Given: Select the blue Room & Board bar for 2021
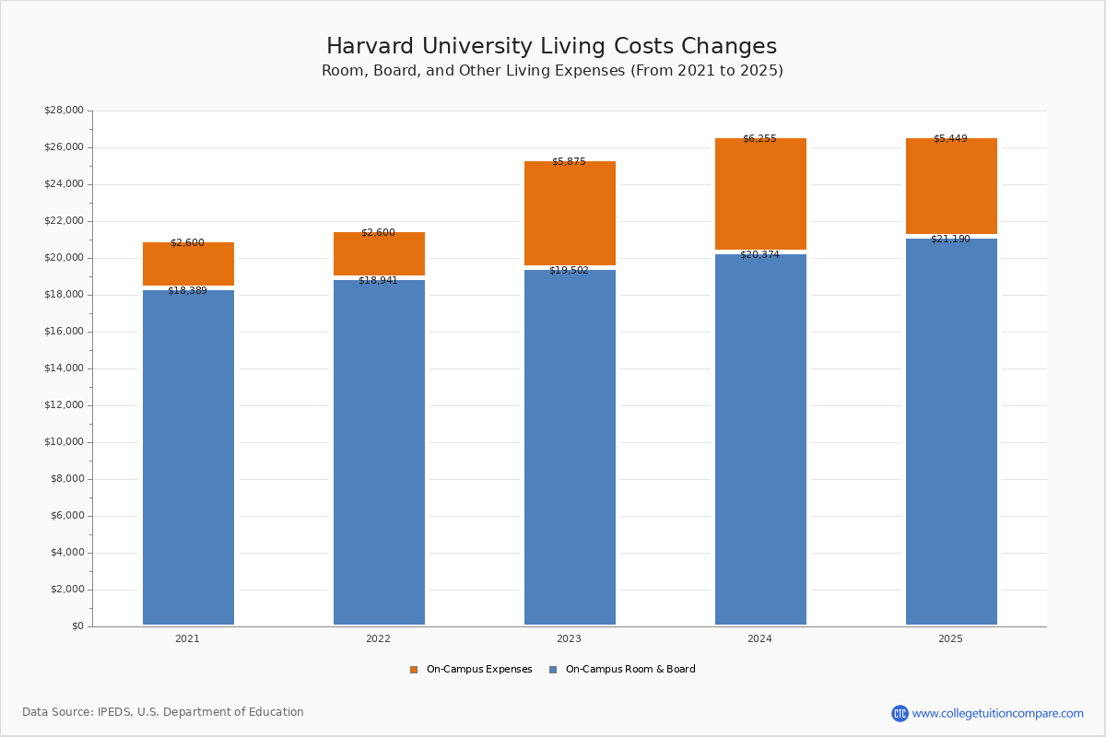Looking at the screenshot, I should tap(188, 461).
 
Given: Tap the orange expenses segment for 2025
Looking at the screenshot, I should tap(951, 189).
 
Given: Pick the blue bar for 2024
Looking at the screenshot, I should tap(760, 442).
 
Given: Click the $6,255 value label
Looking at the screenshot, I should tap(759, 139).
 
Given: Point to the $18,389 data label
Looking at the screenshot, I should tap(187, 291).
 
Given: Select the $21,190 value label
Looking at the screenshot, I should tap(950, 240).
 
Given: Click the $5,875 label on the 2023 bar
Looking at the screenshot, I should tap(569, 162).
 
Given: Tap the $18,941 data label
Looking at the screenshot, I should tap(378, 281).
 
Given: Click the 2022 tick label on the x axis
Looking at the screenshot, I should tap(378, 639).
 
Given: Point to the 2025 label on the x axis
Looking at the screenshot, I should tap(950, 639).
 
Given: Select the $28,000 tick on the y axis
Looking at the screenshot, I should tap(64, 111).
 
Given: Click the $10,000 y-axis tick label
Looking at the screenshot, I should tap(64, 442).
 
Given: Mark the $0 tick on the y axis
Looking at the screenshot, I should tap(76, 626).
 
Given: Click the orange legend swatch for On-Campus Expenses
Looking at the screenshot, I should tap(414, 670).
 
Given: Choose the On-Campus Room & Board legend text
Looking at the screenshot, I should tap(630, 670).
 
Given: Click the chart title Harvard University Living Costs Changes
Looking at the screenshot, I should tap(551, 47).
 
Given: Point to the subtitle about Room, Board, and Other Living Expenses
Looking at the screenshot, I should tap(552, 71).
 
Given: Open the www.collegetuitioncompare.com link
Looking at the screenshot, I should tap(997, 714).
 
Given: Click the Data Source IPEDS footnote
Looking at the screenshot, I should tap(163, 712).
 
